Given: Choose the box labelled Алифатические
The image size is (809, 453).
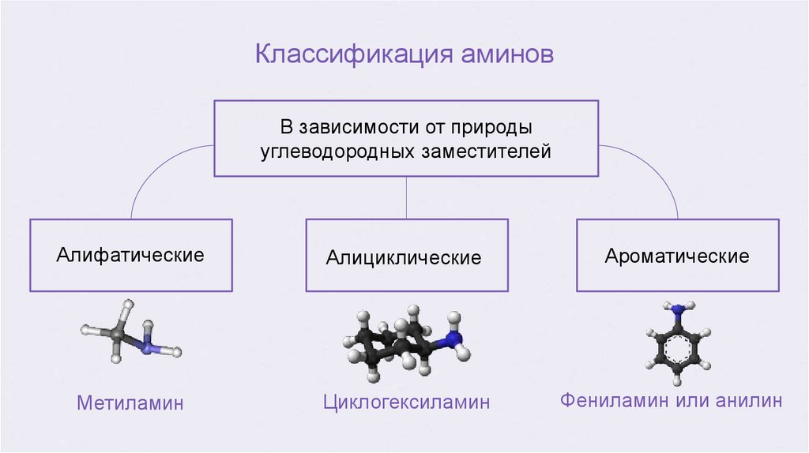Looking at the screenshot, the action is click(130, 255).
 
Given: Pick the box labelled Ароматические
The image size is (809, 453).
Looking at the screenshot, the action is click(677, 256).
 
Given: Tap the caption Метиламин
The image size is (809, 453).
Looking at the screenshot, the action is click(130, 403).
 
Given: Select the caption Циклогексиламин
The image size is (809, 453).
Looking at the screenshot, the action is click(406, 402).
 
